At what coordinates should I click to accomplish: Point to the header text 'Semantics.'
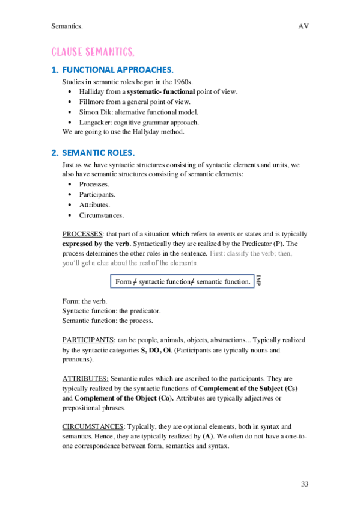[x=67, y=26]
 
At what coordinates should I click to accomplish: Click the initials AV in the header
[x=303, y=26]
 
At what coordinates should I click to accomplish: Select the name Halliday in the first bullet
[x=92, y=91]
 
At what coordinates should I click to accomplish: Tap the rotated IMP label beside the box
[x=258, y=281]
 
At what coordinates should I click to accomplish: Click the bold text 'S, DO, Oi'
[x=156, y=349]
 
